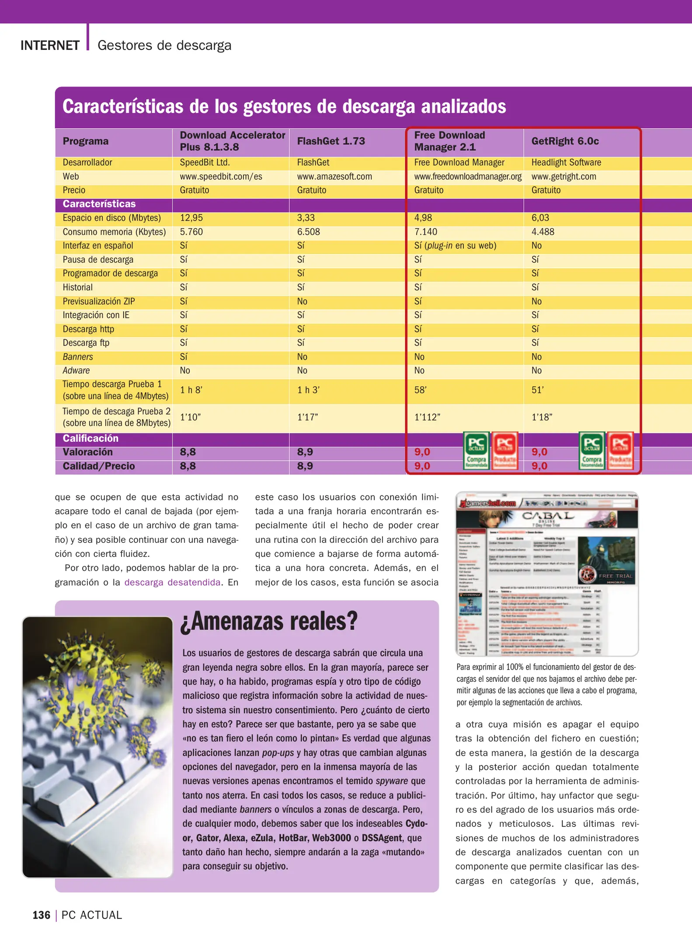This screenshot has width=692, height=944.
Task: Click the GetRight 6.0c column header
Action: (x=565, y=141)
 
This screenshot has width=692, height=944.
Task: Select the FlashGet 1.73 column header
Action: (x=331, y=141)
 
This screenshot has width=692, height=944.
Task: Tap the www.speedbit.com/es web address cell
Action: (x=221, y=177)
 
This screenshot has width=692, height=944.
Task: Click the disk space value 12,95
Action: (x=191, y=218)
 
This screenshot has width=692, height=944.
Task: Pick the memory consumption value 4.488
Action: (x=542, y=232)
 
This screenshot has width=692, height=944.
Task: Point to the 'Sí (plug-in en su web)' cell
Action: (x=455, y=246)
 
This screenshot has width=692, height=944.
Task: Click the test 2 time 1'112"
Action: (x=427, y=417)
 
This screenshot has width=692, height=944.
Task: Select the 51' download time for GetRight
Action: (x=537, y=390)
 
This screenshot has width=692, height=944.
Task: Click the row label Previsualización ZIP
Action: (x=99, y=301)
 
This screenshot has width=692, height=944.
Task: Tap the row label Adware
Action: (x=76, y=371)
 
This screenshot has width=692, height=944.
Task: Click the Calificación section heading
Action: (x=90, y=438)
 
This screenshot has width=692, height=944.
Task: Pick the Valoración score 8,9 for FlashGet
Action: (x=305, y=452)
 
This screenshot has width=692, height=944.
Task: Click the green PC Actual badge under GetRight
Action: (x=592, y=451)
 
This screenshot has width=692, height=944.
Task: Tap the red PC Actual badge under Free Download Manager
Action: (x=505, y=451)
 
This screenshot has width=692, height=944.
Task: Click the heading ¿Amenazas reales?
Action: (x=269, y=621)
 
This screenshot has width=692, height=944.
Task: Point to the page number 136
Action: (x=42, y=915)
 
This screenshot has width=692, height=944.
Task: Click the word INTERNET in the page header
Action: (x=50, y=45)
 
